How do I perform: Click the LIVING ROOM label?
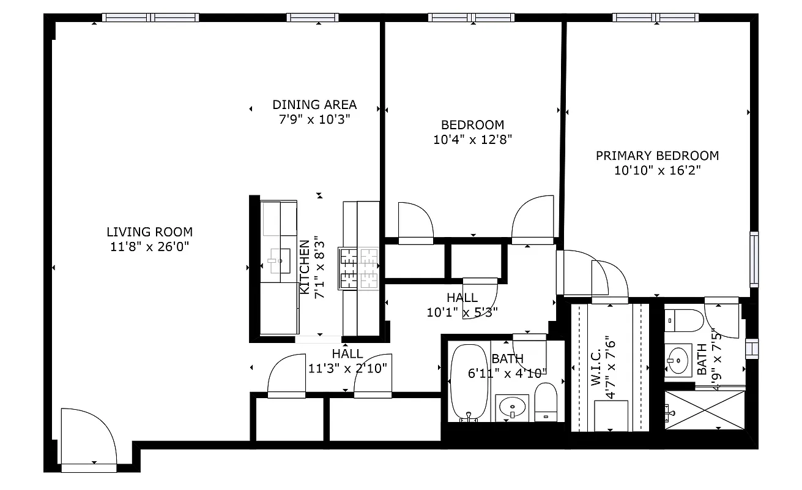coord(149,232)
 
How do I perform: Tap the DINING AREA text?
coord(314,105)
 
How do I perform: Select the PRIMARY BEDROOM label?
coord(657,156)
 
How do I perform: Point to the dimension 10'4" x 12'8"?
coord(472,140)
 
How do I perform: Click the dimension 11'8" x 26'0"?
coord(149,247)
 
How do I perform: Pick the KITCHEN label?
coord(304,266)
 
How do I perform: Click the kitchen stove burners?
coord(360,268)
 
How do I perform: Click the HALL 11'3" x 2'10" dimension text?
coord(347,368)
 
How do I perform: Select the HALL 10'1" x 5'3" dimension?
coord(462,312)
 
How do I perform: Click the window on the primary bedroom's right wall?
coord(754,260)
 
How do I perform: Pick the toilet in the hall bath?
coord(546,401)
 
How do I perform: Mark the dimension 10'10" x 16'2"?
coord(657,170)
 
